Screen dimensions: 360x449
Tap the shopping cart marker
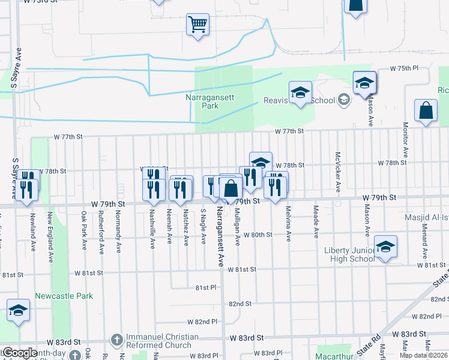(x=197, y=25)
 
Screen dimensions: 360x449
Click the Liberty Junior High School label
(x=349, y=254)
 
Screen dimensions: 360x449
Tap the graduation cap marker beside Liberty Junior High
(x=385, y=246)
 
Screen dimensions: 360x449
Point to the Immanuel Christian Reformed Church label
(x=158, y=341)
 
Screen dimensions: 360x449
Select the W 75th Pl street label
(x=403, y=69)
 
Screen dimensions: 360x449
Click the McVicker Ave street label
(x=338, y=172)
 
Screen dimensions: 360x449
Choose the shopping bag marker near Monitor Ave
(x=426, y=111)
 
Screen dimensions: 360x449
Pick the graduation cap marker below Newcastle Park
(x=18, y=310)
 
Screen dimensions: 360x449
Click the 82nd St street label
(x=239, y=304)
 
